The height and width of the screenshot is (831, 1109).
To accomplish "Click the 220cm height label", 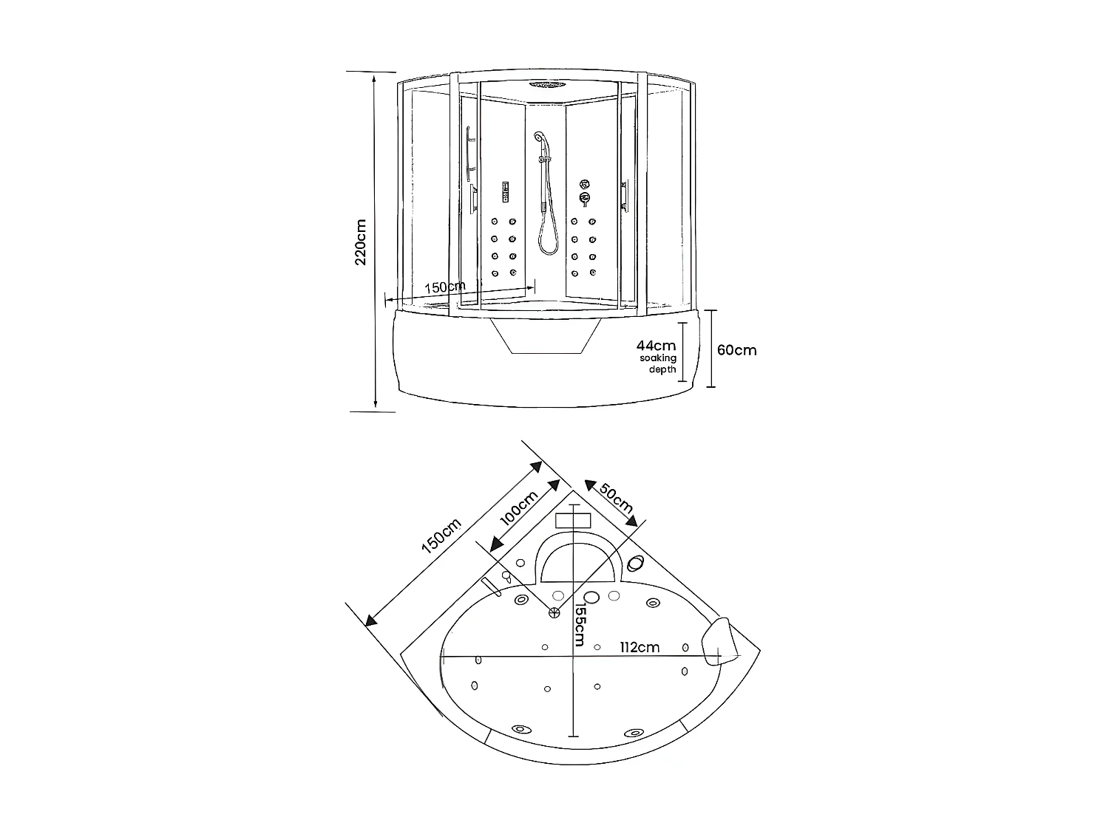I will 361,242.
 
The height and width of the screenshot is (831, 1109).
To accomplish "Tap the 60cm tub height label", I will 737,349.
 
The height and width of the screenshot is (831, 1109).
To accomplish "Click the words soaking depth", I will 658,363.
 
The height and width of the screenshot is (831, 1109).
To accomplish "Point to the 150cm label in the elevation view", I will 445,287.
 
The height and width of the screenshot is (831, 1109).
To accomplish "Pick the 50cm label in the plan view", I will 616,497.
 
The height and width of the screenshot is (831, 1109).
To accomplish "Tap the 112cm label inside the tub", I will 640,647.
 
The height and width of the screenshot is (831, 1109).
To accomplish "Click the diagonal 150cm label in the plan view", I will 441,536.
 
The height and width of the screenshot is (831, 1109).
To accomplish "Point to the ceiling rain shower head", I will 546,84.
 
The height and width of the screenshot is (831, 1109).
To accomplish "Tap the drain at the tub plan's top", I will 554,611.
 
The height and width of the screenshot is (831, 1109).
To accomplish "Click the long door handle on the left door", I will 468,155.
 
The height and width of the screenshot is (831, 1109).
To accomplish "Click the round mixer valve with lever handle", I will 586,198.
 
